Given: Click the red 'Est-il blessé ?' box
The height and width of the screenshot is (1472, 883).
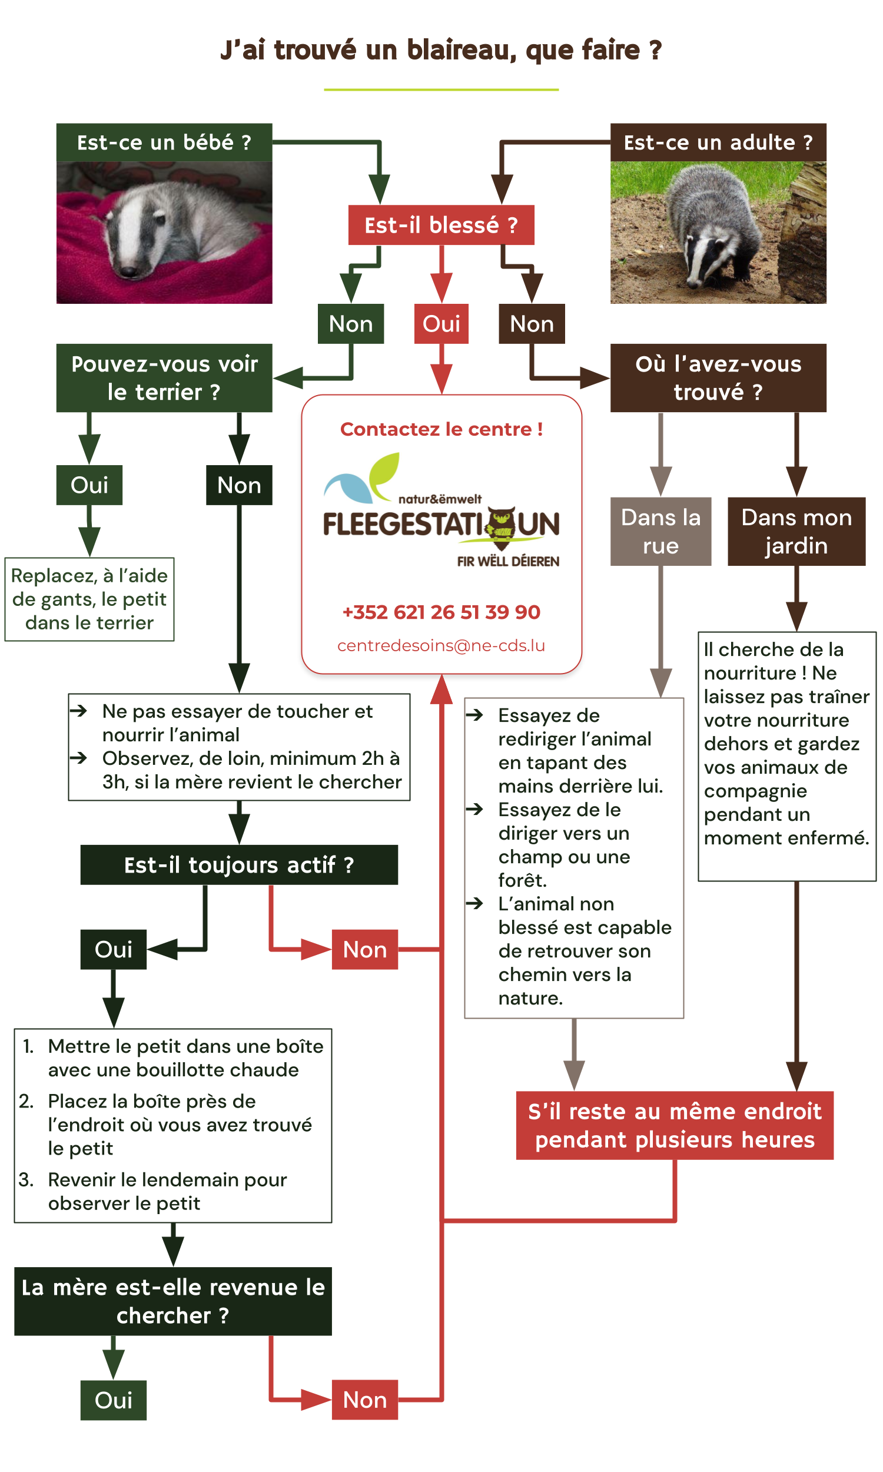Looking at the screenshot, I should (441, 225).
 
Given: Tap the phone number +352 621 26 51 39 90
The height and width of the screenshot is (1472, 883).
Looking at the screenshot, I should (441, 612).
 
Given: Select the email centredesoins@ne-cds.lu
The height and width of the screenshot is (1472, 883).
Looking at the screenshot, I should (441, 645).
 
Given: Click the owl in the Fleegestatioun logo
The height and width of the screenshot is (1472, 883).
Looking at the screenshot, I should (501, 526).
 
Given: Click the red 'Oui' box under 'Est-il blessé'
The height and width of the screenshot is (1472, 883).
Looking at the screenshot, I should (441, 324).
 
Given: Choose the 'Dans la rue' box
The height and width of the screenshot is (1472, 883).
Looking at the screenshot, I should (660, 531).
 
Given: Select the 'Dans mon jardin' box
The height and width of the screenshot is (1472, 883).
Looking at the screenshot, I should (796, 531).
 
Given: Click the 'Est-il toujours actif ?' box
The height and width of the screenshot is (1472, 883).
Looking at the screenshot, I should (239, 864).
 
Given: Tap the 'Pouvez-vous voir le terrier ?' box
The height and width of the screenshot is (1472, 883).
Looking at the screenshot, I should (164, 378).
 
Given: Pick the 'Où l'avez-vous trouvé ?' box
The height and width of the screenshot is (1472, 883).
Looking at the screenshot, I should (718, 378).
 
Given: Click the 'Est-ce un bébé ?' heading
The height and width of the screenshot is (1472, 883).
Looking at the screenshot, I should (164, 142).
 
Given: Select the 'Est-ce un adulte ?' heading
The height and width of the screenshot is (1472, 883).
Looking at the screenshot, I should (718, 142).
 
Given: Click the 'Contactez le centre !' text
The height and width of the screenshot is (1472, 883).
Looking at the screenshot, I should (441, 429).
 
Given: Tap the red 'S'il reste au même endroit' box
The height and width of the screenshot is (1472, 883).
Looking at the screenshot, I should (674, 1125).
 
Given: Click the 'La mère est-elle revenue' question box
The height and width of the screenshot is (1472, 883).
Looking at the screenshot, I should (173, 1301).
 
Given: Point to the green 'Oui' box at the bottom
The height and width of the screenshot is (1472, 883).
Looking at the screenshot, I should (113, 1400).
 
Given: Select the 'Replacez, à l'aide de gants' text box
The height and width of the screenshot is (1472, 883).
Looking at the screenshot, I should (89, 599).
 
